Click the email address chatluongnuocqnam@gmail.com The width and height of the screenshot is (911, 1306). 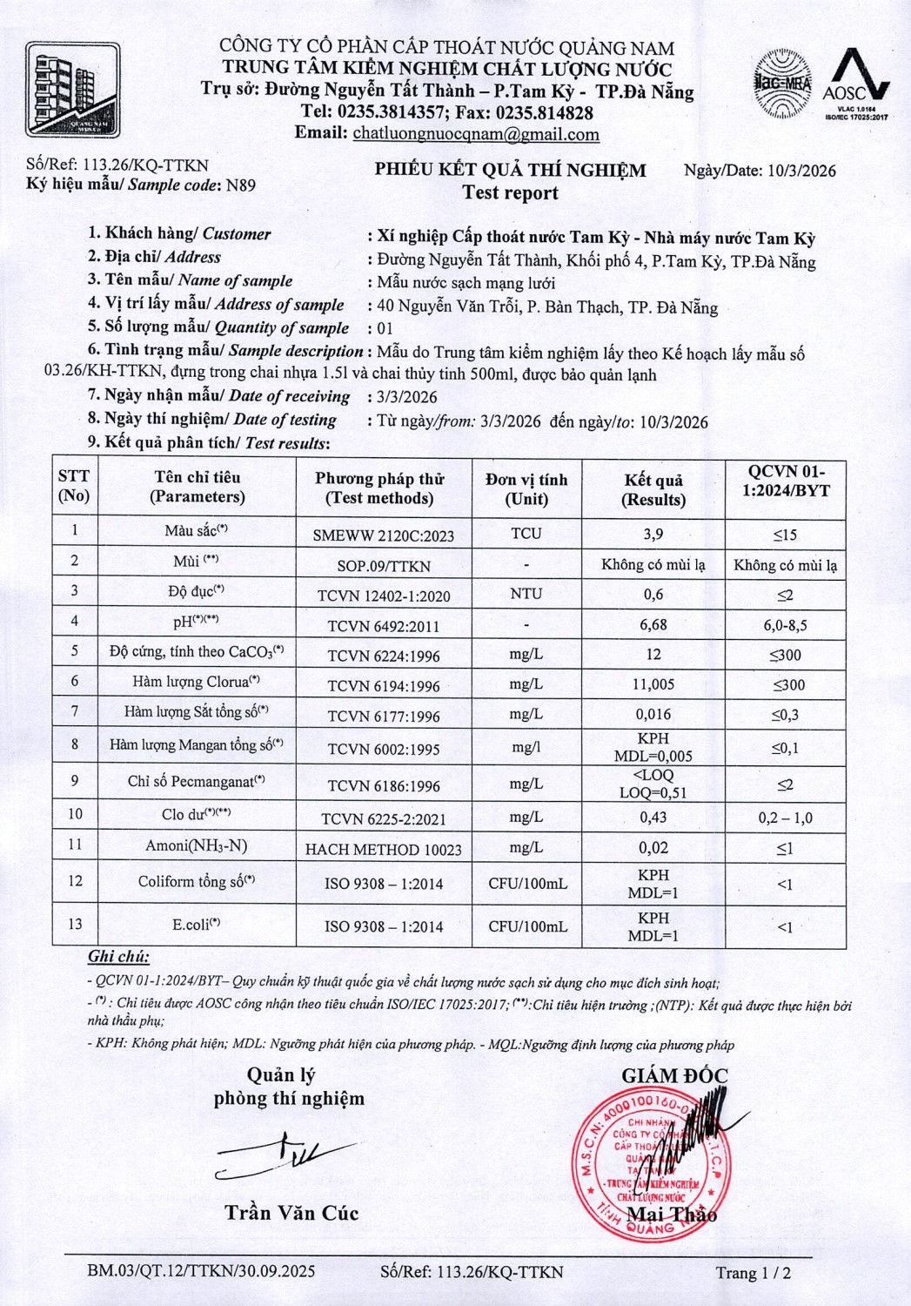click(475, 134)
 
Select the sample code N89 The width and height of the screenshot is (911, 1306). click(241, 185)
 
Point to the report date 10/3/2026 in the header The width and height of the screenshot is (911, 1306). click(801, 171)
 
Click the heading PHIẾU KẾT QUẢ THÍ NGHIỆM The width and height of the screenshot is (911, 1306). click(510, 170)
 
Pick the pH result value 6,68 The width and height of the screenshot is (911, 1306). click(653, 624)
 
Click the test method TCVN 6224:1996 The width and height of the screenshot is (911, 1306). click(384, 656)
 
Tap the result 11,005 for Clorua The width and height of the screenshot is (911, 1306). click(653, 684)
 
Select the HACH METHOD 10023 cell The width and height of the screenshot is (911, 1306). click(384, 849)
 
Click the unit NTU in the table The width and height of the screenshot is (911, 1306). click(526, 594)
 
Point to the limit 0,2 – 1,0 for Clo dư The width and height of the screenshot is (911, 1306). click(785, 818)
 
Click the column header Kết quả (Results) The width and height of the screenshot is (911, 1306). click(653, 489)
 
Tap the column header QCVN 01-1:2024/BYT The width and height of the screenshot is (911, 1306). click(786, 481)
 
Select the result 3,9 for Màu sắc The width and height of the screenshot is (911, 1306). click(653, 534)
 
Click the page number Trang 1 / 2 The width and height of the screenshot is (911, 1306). click(753, 1273)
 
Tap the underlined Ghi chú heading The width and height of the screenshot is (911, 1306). click(118, 957)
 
